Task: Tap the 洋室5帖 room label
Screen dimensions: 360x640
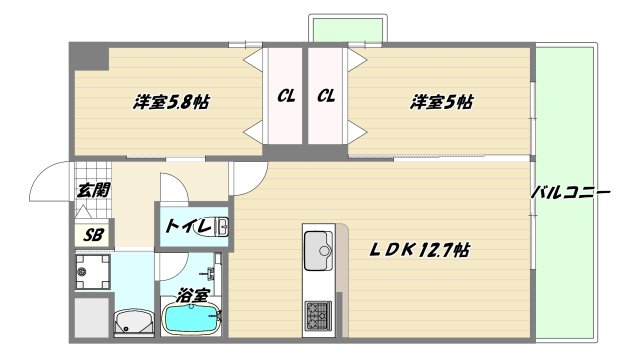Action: (x=440, y=101)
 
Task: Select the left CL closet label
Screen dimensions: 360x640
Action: (x=286, y=97)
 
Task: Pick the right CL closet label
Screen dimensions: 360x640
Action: (x=326, y=97)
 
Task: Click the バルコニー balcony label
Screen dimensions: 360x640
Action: (x=569, y=191)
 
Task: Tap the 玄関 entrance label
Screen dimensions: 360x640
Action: (x=92, y=190)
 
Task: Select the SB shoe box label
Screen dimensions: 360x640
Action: (x=93, y=235)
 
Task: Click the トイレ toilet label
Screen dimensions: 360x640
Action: (x=188, y=227)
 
